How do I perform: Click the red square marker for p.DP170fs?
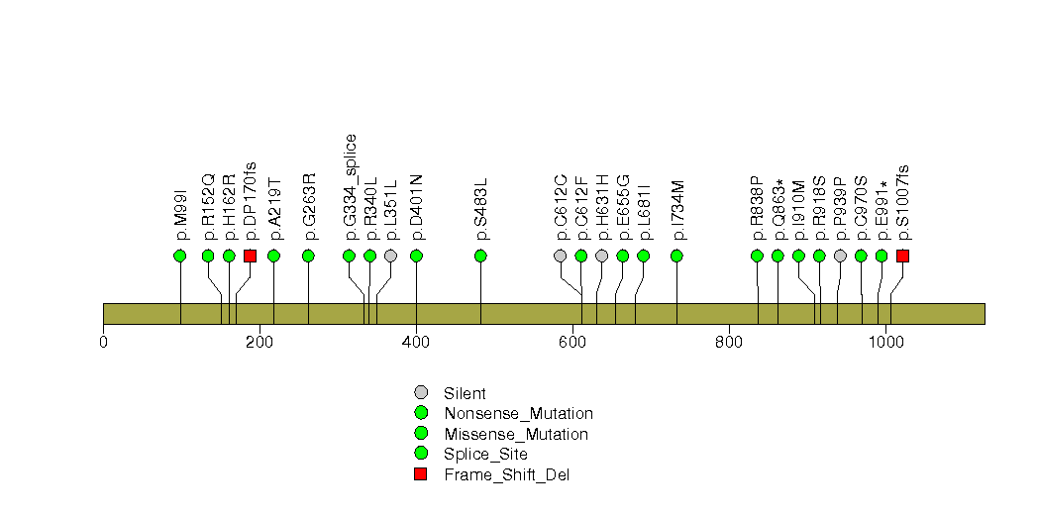[250, 256]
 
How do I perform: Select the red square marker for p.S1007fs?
[902, 256]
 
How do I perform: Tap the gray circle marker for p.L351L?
[390, 256]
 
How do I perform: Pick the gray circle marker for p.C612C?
[561, 256]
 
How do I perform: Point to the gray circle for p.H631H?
[601, 256]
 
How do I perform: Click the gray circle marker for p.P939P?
[840, 256]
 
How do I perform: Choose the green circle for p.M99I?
[180, 256]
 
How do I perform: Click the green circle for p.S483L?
[481, 256]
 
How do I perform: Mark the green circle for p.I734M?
[677, 256]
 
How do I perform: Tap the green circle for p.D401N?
[416, 256]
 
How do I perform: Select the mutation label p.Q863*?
[778, 209]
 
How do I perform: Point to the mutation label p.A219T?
[274, 209]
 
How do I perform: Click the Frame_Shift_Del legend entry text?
[507, 474]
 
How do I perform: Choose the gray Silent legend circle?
[420, 392]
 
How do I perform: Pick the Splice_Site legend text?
[486, 454]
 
